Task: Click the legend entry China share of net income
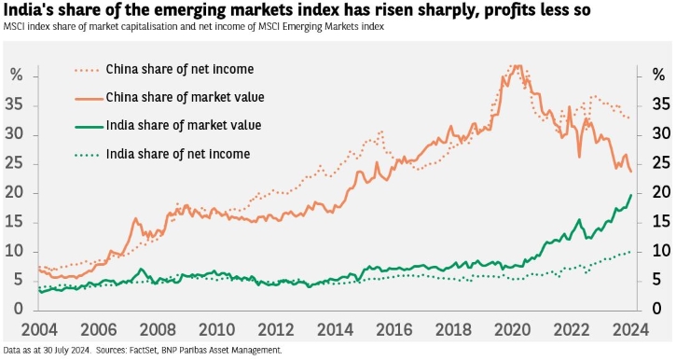click(x=164, y=69)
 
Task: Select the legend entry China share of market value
click(x=170, y=97)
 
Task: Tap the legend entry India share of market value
click(x=168, y=126)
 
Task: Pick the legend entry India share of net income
click(x=162, y=154)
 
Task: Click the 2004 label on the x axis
click(x=39, y=330)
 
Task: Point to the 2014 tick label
click(x=336, y=330)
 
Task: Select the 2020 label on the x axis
click(x=512, y=330)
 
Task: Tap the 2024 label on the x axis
click(x=630, y=330)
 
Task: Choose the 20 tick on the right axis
click(x=661, y=193)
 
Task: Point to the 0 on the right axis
click(x=656, y=309)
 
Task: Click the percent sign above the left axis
click(x=16, y=75)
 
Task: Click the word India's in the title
click(x=29, y=10)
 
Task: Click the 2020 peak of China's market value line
click(x=518, y=65)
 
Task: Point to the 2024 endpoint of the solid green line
click(x=631, y=195)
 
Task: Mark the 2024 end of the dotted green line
click(x=630, y=252)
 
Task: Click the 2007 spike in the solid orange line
click(x=135, y=218)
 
